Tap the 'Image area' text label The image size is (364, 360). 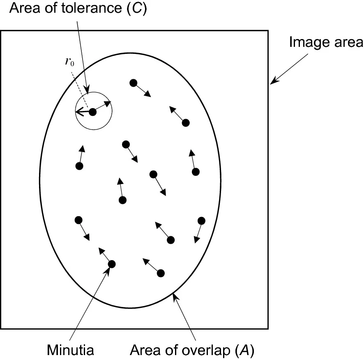(326, 42)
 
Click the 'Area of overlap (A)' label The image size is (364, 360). (192, 351)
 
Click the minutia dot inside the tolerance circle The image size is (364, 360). (92, 112)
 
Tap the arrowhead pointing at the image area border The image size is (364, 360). (273, 82)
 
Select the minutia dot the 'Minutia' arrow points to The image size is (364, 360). (111, 264)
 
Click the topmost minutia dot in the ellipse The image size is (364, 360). (133, 83)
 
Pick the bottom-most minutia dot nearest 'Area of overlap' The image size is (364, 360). (161, 273)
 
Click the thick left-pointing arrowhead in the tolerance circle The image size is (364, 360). (78, 111)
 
